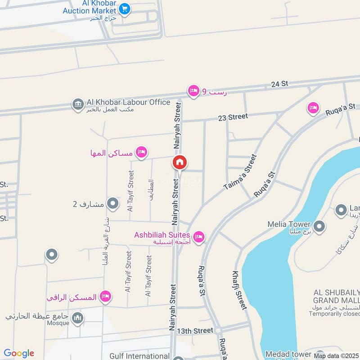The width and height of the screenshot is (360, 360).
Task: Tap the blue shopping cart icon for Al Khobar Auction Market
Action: (x=125, y=9)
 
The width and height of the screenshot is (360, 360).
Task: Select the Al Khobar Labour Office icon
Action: (x=78, y=104)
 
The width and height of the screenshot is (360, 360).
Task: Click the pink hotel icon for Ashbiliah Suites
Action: (x=198, y=236)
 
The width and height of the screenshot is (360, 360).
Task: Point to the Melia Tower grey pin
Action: (x=319, y=226)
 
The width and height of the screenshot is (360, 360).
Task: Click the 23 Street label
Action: (x=233, y=117)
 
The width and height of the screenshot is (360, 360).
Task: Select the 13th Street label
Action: (x=195, y=331)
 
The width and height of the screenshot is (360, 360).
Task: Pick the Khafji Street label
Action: (x=239, y=290)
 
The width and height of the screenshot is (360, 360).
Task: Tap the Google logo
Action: (x=19, y=353)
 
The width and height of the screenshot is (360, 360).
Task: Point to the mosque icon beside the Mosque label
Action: (x=78, y=319)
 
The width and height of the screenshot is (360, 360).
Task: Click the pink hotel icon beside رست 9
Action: (x=193, y=90)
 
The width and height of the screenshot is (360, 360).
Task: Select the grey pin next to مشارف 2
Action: (x=112, y=204)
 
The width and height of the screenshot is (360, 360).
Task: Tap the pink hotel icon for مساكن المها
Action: (x=142, y=153)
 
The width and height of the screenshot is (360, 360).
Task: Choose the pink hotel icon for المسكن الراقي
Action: (x=105, y=297)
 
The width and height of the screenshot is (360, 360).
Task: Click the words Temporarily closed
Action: (x=335, y=314)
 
